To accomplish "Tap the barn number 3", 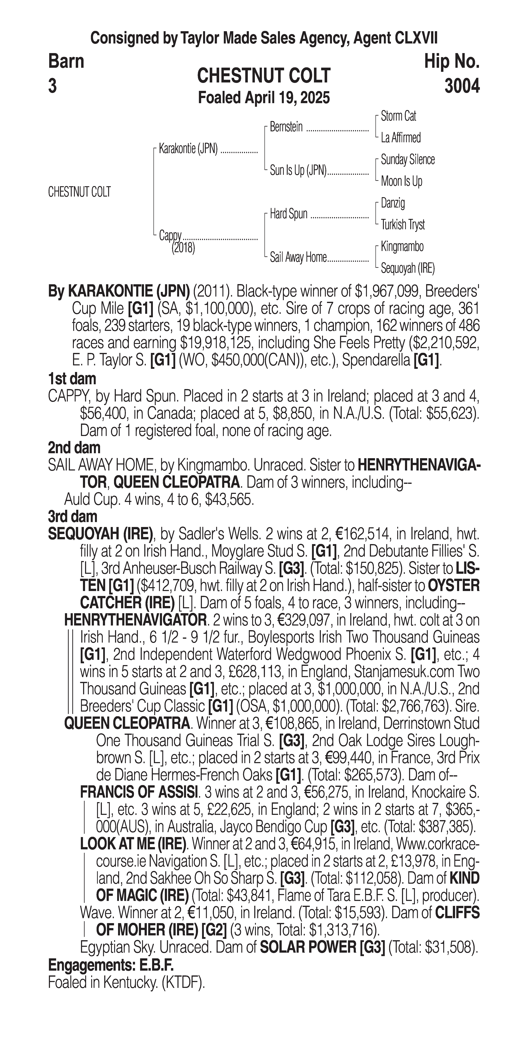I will (x=52, y=86).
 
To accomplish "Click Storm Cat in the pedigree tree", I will (x=398, y=116).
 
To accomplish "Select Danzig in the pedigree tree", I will (x=393, y=203).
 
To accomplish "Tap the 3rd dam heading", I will (x=72, y=517).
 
